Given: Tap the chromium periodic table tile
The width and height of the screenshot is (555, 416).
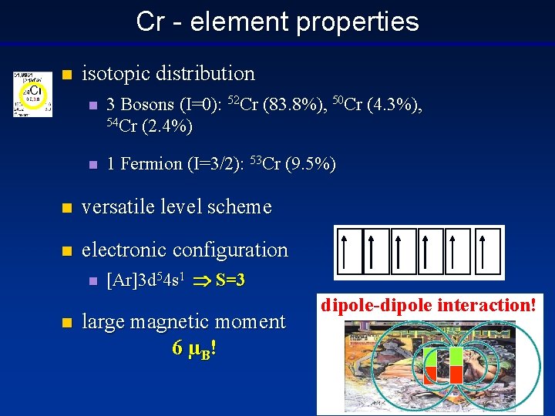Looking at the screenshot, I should [x=32, y=94].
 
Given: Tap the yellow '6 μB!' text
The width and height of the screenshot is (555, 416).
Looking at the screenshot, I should [x=193, y=348].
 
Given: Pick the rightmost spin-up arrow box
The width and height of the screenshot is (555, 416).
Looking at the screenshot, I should [x=488, y=251].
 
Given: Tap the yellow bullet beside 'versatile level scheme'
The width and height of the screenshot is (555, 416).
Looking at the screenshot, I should [x=67, y=208].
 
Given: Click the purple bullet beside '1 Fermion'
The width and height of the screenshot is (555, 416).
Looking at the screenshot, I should [x=92, y=165].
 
